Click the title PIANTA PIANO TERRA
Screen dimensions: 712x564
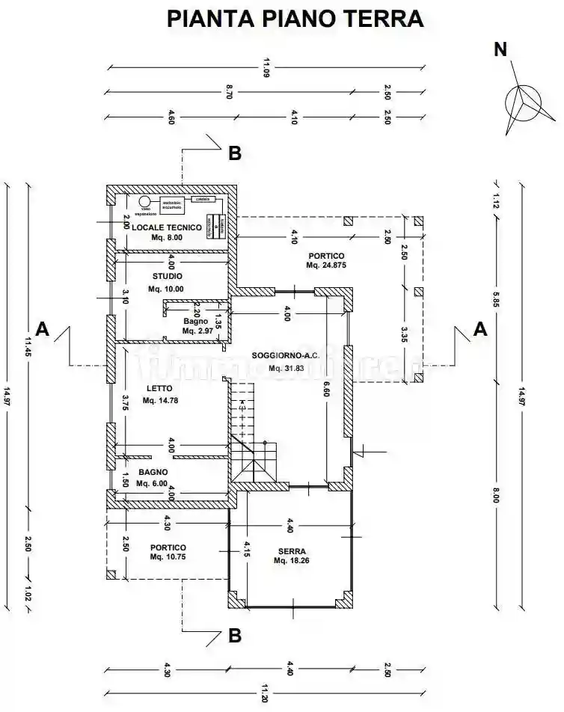pos(295,19)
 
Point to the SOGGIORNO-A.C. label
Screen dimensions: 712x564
pos(285,356)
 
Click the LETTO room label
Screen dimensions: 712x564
pos(160,388)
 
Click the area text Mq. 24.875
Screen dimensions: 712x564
pos(327,266)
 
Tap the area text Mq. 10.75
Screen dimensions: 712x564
pos(168,557)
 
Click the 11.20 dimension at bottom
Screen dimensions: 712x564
pos(266,693)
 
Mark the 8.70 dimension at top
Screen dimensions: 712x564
pos(229,93)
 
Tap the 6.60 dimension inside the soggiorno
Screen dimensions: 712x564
pos(326,389)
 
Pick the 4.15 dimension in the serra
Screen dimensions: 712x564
pos(246,552)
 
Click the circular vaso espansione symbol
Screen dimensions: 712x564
pos(144,201)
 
